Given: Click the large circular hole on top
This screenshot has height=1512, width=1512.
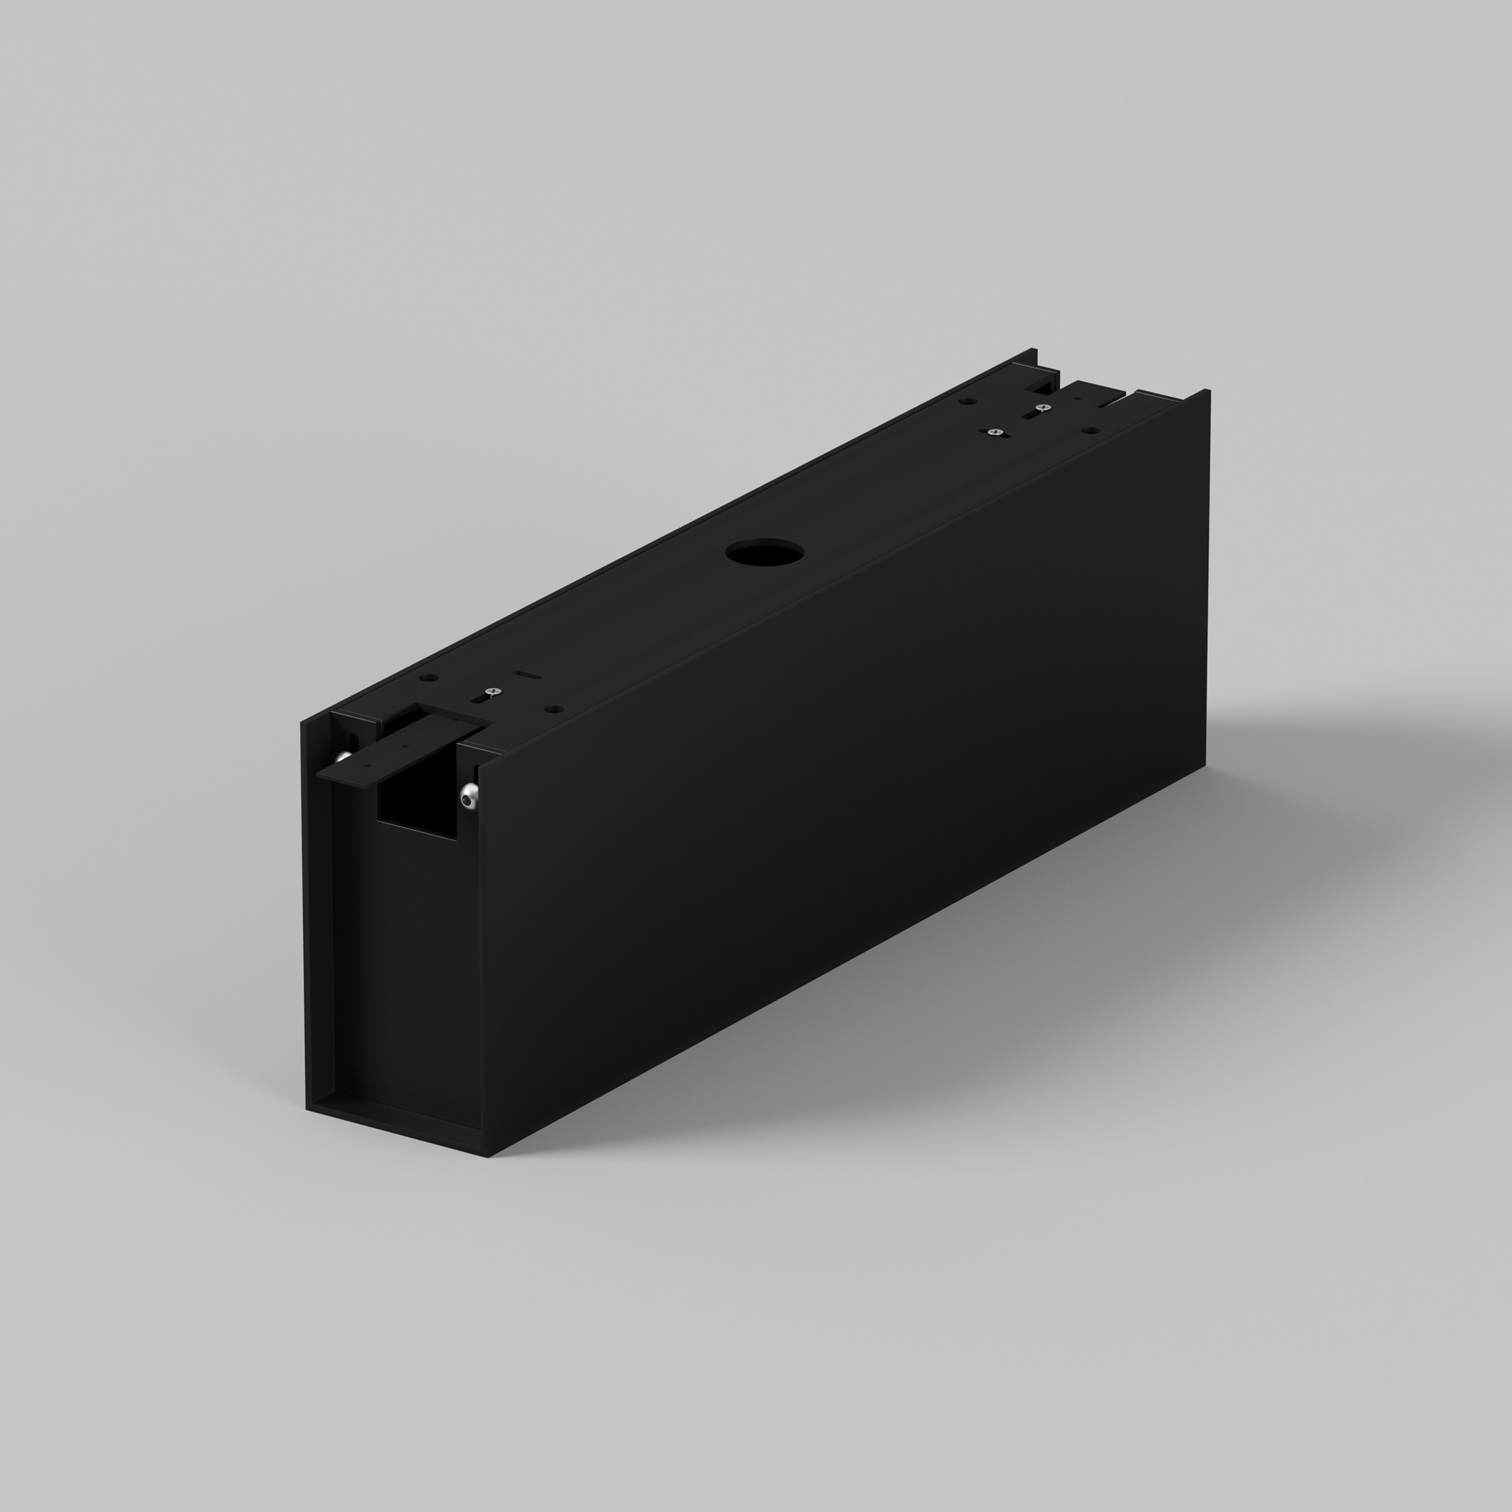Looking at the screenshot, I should pos(764,552).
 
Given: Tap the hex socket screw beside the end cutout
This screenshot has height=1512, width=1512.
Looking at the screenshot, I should pos(469,798).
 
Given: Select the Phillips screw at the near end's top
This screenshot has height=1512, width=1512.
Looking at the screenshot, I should pos(491,692).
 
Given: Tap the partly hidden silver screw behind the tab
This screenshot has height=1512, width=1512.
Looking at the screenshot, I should pos(342,757).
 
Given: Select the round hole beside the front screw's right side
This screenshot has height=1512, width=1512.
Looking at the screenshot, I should pos(554,709).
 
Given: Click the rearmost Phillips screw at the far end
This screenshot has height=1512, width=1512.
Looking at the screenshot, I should pos(1041,407).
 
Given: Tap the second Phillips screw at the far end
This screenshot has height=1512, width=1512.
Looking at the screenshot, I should pos(995,431).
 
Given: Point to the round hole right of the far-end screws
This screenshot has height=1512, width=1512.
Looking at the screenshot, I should pos(1088,430).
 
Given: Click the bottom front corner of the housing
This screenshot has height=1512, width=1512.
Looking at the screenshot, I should pos(488,1154).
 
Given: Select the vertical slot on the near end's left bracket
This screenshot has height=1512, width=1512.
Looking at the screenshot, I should pos(353,739).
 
